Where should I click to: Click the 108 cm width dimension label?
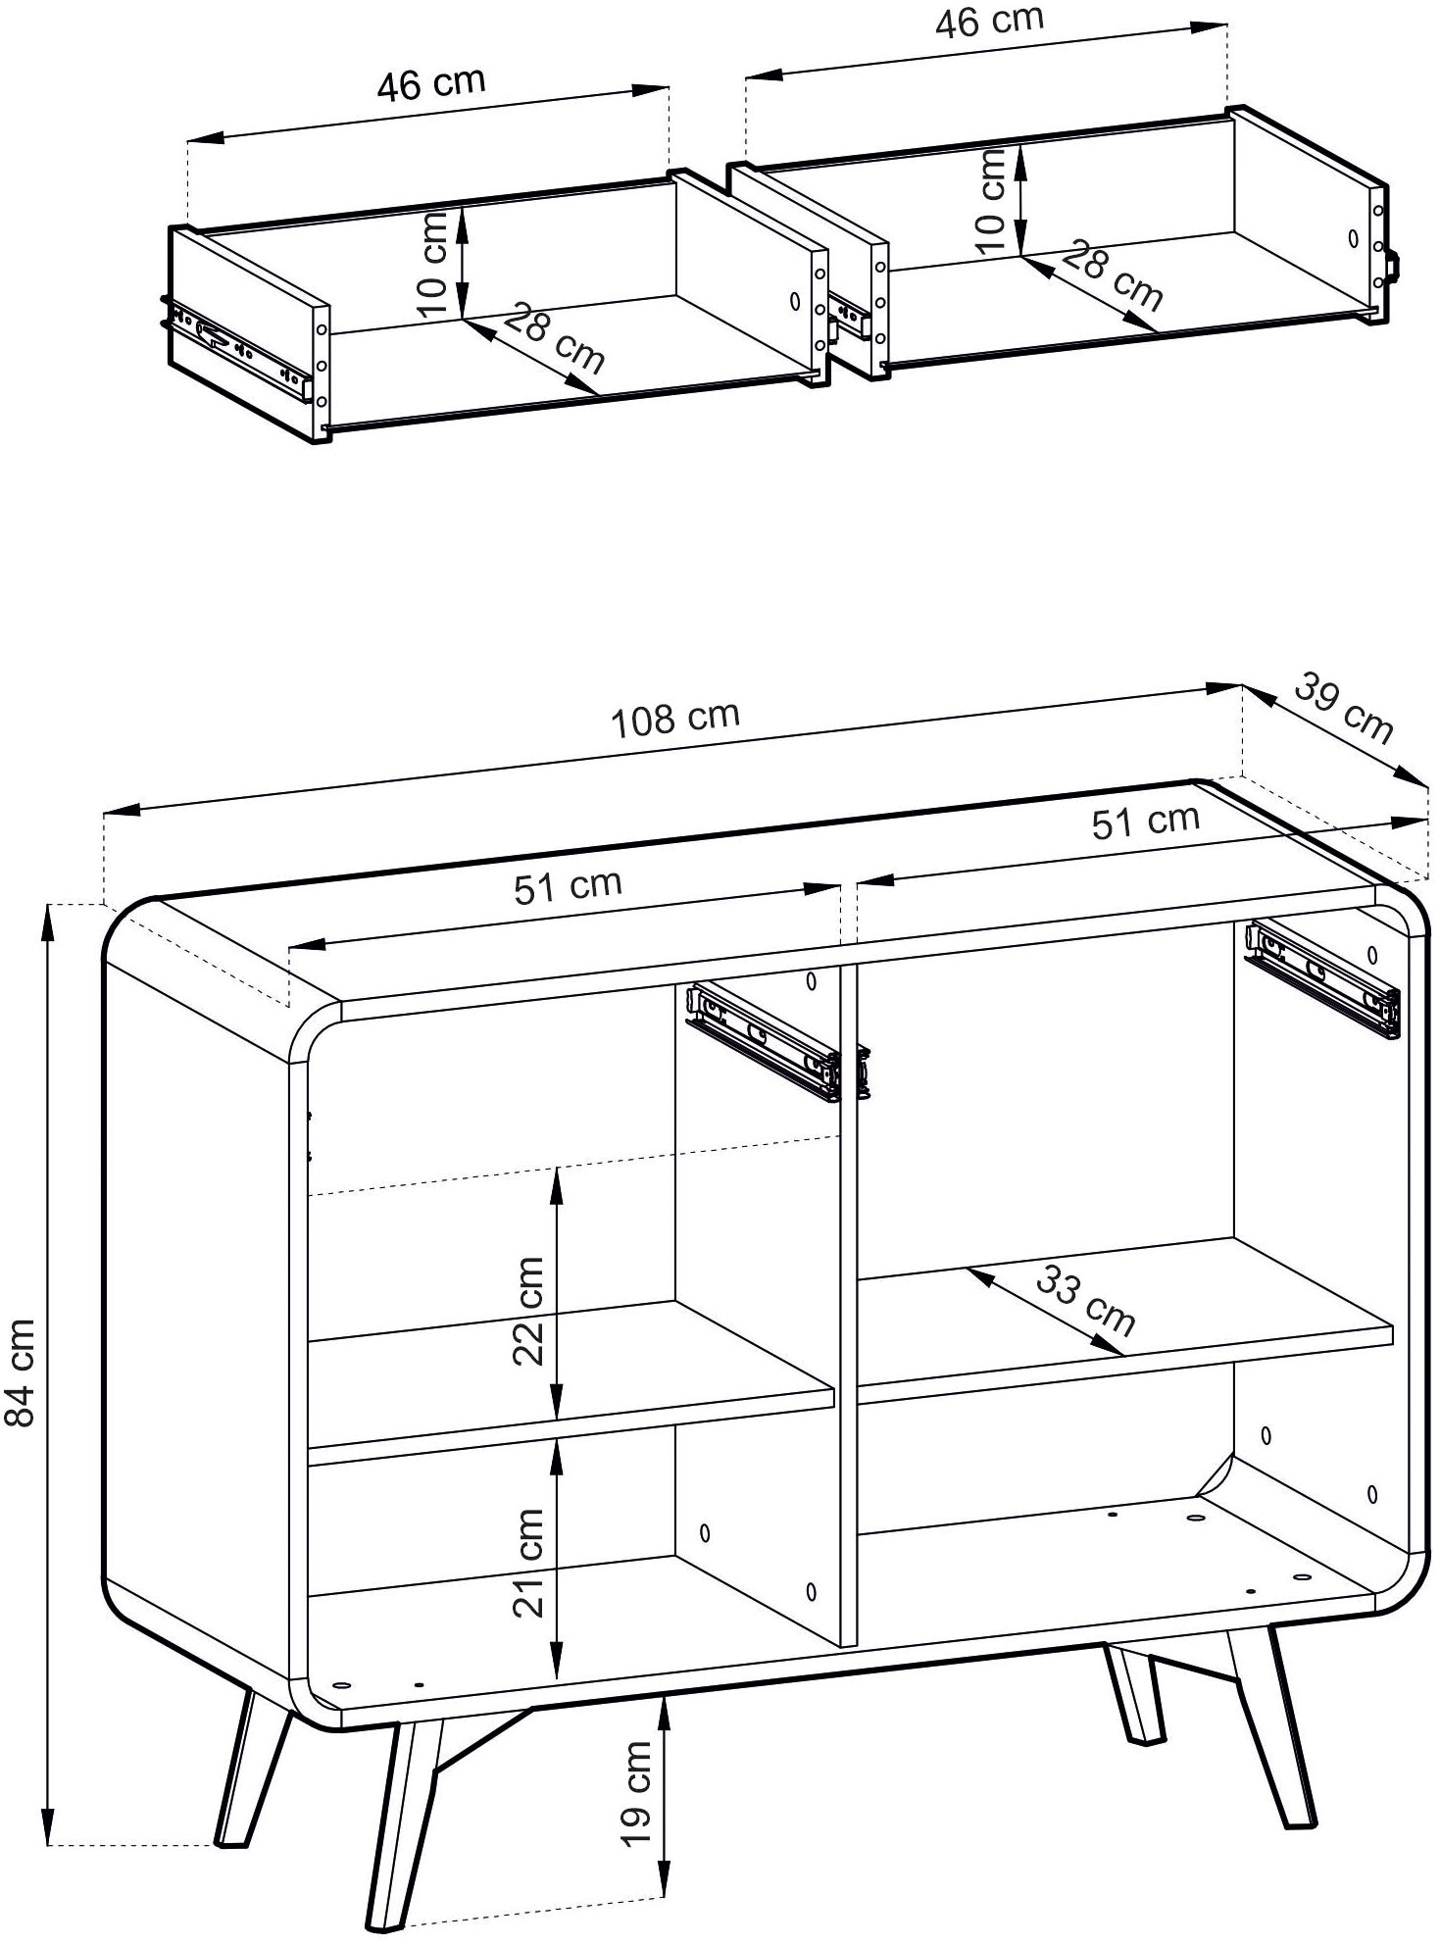click(675, 719)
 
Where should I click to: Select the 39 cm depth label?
click(1345, 707)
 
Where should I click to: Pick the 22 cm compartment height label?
click(528, 1310)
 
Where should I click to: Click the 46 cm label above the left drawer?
click(431, 84)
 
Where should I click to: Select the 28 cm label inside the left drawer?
click(557, 339)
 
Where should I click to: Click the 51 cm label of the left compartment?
click(569, 886)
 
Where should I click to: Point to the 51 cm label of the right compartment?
click(1146, 821)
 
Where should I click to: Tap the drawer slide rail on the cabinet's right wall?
click(1322, 977)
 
